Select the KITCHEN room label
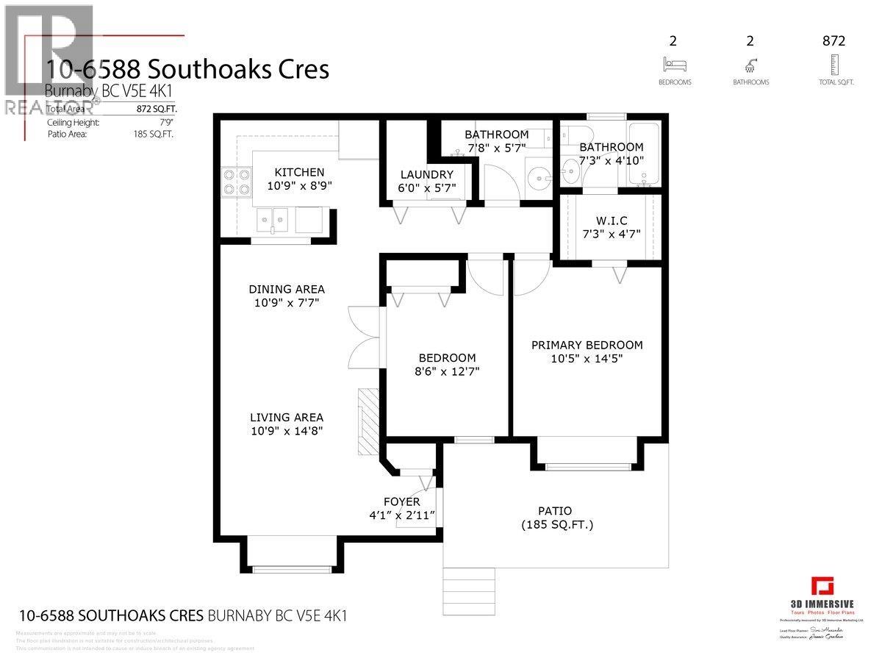(299, 172)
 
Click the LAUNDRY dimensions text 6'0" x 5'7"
(426, 189)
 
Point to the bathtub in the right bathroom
(646, 155)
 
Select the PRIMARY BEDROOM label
(587, 345)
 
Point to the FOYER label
(401, 501)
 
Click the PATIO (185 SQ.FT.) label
(556, 518)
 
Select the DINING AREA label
(286, 289)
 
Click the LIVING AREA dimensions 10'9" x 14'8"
(286, 431)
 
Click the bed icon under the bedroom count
(674, 63)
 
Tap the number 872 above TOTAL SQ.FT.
(833, 41)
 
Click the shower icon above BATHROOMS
(750, 63)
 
